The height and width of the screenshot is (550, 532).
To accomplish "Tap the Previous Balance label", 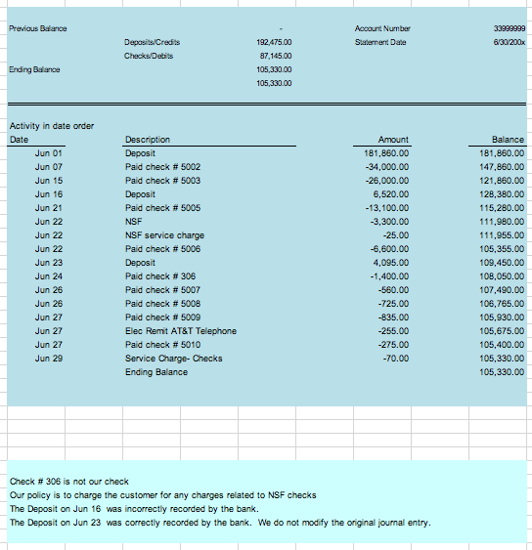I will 38,29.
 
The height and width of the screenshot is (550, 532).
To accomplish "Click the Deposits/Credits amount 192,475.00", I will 275,43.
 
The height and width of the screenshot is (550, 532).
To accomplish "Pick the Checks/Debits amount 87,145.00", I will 275,57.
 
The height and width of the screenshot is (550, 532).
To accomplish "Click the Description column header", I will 148,141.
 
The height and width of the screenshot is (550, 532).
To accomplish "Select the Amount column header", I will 392,141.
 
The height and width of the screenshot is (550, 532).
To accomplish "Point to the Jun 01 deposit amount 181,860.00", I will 385,153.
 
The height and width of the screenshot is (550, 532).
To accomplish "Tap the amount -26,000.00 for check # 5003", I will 386,181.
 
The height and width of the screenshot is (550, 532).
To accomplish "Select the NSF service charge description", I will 164,235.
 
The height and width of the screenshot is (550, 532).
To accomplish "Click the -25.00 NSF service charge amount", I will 396,235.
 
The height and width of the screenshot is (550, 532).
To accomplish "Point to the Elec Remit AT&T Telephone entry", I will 181,331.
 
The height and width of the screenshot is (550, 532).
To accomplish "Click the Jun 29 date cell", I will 49,359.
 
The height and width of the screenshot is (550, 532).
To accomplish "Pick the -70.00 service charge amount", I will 396,359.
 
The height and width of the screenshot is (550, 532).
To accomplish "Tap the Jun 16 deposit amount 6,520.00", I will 390,194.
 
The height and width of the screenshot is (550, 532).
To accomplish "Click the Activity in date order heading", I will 51,126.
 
